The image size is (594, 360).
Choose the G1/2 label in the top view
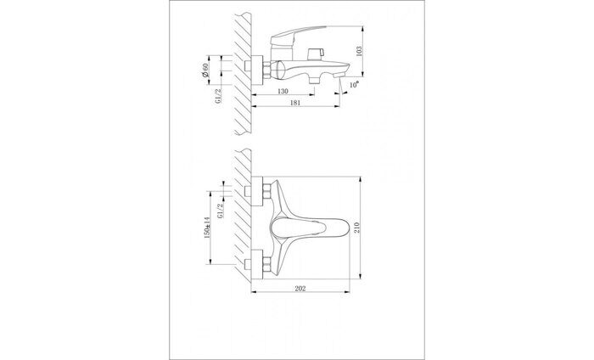click(x=221, y=207)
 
